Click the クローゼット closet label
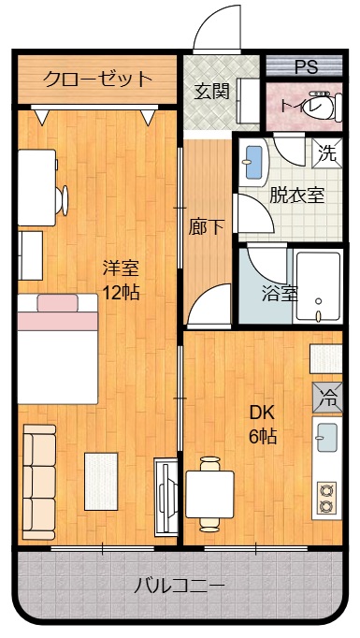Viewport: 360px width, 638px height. tap(97, 79)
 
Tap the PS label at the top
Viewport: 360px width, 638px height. tap(305, 67)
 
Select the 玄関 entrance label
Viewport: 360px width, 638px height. tap(211, 92)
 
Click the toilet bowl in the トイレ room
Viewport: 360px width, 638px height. tap(322, 108)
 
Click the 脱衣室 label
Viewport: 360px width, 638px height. tap(297, 196)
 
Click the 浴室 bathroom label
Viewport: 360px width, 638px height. tap(280, 293)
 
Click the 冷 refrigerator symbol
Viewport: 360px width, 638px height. tap(328, 396)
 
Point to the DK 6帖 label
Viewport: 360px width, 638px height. tap(263, 423)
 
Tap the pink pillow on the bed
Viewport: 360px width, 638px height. tap(57, 302)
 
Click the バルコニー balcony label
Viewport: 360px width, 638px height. tap(178, 587)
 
